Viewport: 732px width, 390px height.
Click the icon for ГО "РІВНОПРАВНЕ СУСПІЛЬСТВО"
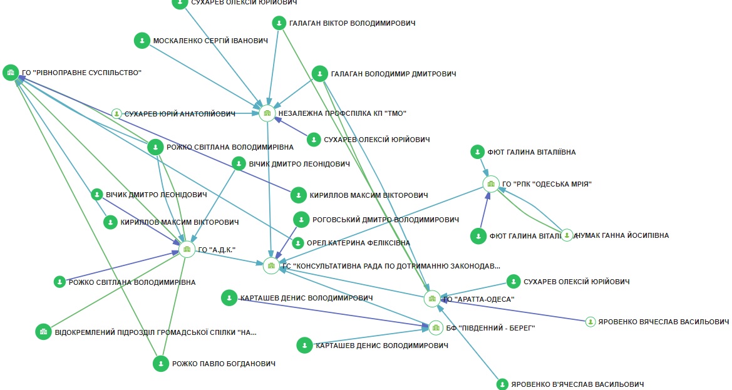point(10,73)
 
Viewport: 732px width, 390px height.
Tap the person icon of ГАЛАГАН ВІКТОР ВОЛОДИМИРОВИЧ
point(280,23)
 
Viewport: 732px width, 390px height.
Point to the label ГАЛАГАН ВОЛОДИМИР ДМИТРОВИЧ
point(393,74)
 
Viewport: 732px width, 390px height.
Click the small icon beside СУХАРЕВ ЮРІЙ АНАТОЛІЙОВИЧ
point(116,114)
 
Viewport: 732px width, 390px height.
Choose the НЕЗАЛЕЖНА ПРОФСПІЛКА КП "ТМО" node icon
point(267,113)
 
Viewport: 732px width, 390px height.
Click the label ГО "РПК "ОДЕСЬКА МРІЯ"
point(547,184)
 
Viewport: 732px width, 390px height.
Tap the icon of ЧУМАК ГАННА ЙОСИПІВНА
point(567,235)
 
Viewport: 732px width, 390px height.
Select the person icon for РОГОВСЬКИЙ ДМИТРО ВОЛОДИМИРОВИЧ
point(302,220)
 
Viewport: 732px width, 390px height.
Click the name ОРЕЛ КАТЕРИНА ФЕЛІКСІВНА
point(358,243)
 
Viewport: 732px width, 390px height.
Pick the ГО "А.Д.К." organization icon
point(187,249)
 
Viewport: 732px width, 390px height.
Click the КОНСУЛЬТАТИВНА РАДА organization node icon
point(271,265)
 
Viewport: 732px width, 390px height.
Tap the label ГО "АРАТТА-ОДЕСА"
point(479,299)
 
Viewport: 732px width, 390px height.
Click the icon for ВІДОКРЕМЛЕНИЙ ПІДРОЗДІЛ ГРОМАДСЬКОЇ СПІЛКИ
point(43,331)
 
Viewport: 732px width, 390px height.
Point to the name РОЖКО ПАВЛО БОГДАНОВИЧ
point(224,364)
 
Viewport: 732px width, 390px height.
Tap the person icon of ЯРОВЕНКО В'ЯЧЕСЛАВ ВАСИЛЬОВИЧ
point(502,384)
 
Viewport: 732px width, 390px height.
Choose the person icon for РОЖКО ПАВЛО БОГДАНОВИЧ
point(161,363)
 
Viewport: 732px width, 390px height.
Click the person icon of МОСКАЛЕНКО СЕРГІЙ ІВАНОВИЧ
point(142,41)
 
